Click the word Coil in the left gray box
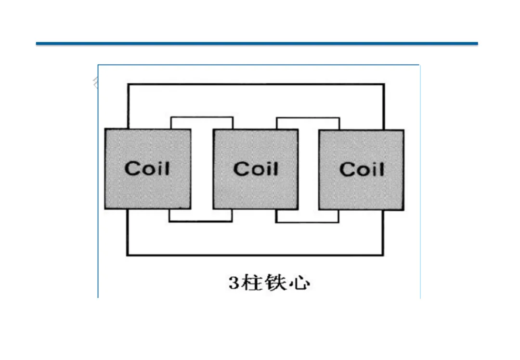point(147,168)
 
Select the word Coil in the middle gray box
point(256,168)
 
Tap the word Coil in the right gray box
point(362,169)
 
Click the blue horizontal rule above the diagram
point(257,44)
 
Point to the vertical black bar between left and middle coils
point(202,168)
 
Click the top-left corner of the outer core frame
point(128,85)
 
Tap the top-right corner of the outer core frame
point(384,85)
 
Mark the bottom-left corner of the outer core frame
point(128,255)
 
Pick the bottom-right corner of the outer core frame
point(384,255)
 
